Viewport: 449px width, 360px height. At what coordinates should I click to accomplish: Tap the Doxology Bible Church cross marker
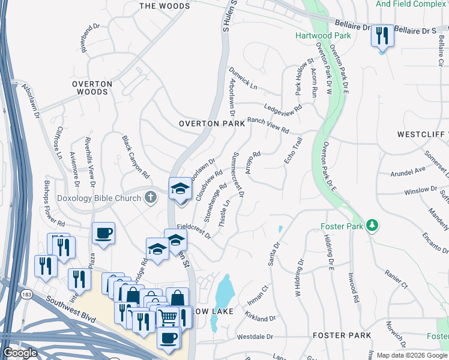point(150,197)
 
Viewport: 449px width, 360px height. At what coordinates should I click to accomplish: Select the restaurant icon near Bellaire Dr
point(381,36)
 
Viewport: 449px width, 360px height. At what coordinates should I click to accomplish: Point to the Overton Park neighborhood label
point(212,123)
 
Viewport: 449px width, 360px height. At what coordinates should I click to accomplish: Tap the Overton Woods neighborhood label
point(92,88)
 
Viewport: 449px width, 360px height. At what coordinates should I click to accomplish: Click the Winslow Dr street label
point(421,190)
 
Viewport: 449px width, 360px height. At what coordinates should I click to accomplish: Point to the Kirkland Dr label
point(260,316)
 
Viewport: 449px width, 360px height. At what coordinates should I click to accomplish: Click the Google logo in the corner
point(20,353)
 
